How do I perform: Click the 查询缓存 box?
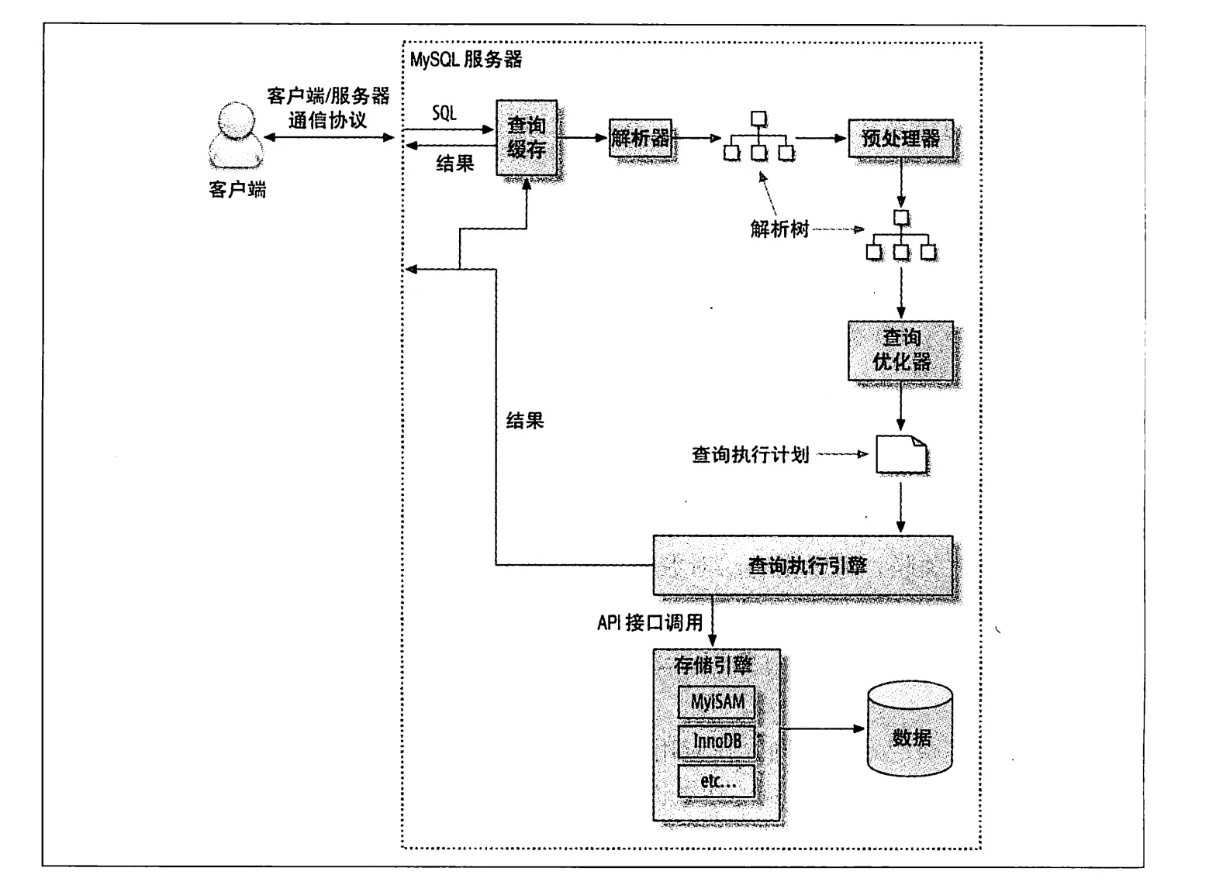click(x=527, y=137)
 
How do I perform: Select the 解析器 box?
click(x=640, y=138)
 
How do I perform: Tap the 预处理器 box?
click(x=900, y=139)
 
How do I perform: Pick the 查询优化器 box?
click(x=900, y=350)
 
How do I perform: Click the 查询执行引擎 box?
click(x=803, y=565)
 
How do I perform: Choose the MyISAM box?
click(x=717, y=702)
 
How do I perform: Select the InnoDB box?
click(x=717, y=742)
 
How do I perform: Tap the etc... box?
click(x=717, y=781)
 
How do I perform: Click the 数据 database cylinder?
click(x=910, y=728)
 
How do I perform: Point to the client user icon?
click(x=236, y=135)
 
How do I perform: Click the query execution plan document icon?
click(x=901, y=454)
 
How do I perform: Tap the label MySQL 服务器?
click(x=466, y=59)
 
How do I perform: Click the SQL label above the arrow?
click(x=444, y=113)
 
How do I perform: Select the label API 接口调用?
click(x=650, y=622)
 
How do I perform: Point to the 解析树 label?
click(x=779, y=229)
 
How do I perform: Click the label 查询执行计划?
click(x=750, y=455)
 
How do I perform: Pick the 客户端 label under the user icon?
click(x=237, y=189)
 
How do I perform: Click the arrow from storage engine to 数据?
click(x=823, y=728)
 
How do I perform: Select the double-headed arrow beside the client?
click(x=329, y=137)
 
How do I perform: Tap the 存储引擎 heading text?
click(x=713, y=665)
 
